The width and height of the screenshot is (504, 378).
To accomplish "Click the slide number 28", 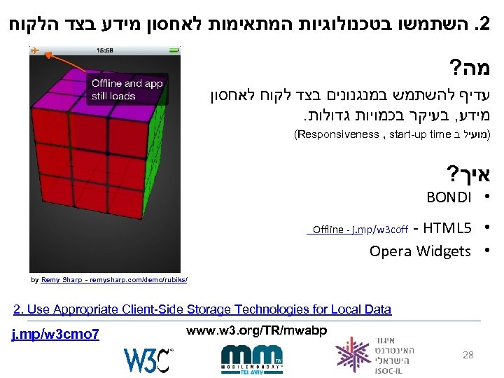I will pos(468,355).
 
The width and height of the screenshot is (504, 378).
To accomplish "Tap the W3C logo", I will pos(148,359).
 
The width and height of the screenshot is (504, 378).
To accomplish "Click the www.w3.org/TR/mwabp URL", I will pos(257,329).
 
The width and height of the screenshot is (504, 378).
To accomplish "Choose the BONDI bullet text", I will pos(449,198).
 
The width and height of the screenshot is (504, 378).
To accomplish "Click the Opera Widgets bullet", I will pos(420,251).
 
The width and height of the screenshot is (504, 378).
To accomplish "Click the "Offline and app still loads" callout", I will pos(126,89).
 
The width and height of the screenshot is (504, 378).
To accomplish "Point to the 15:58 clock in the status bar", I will pos(104,50).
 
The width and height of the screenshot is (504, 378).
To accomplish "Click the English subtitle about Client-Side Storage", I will pos(202,309).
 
